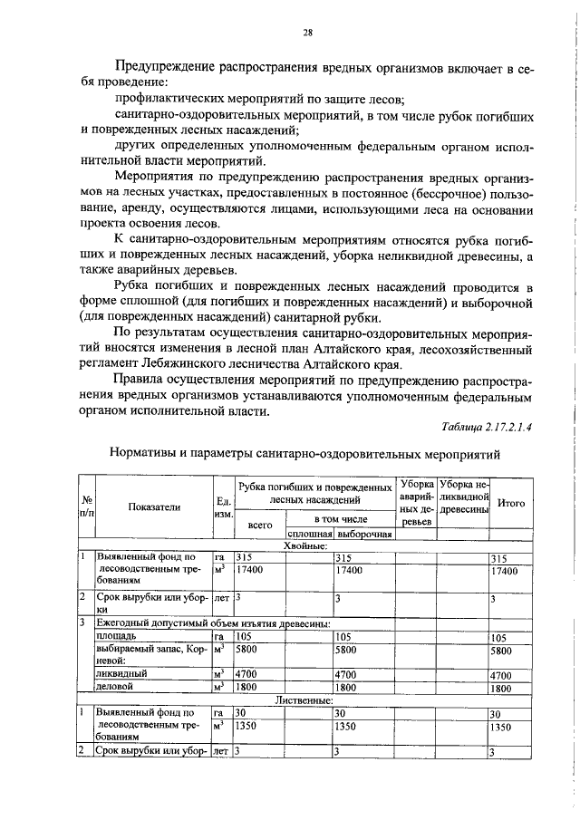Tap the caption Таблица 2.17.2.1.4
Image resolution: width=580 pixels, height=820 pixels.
point(485,428)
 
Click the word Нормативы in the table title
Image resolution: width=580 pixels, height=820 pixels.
point(145,453)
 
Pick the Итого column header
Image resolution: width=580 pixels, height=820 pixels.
point(512,503)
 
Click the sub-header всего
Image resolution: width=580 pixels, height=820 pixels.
point(259,525)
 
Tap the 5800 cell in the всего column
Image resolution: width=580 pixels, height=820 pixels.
point(247,650)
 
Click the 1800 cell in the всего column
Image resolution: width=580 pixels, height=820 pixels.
point(247,688)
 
